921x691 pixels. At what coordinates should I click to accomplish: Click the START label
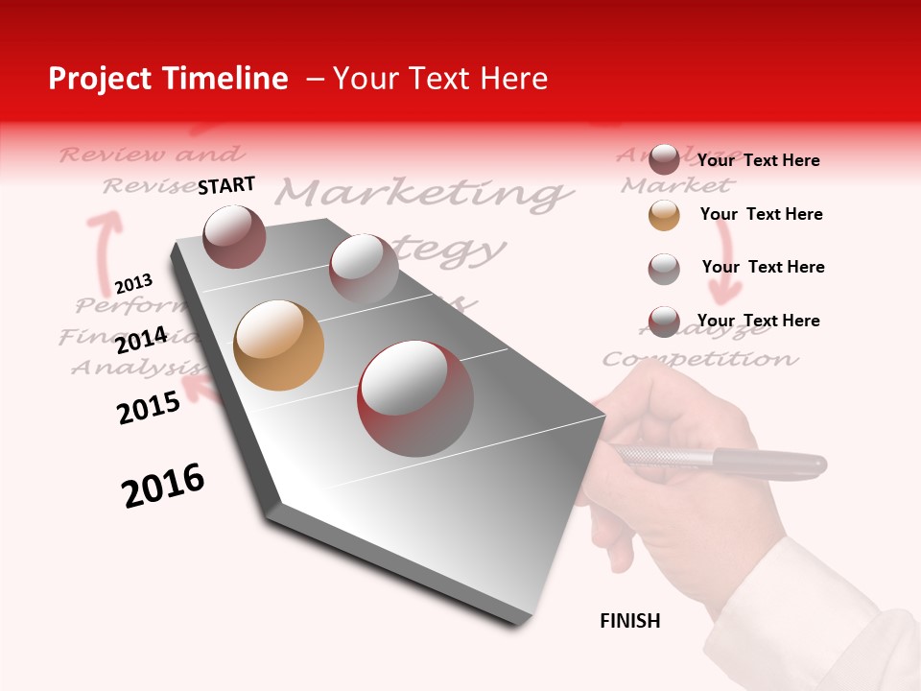[x=226, y=185]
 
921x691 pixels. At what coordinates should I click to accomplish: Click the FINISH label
[x=629, y=621]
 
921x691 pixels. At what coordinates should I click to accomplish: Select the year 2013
[x=133, y=284]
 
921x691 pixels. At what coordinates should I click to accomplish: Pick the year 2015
[x=149, y=407]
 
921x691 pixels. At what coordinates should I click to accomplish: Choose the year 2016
[x=163, y=486]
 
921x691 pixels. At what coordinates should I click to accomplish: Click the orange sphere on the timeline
[x=278, y=345]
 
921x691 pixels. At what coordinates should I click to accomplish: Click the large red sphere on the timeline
[x=415, y=398]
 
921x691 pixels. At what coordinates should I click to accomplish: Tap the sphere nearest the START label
[x=234, y=236]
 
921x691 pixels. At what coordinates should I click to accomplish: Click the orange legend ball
[x=664, y=215]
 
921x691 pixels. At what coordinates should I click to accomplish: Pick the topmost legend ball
[x=664, y=159]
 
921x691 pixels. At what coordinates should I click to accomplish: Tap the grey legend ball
[x=664, y=269]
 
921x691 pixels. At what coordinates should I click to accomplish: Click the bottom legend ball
[x=664, y=322]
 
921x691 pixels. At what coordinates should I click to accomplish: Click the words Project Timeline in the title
[x=168, y=79]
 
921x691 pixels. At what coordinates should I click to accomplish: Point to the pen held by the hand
[x=720, y=461]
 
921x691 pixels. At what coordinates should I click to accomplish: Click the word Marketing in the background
[x=419, y=193]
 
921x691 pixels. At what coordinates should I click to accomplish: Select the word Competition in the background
[x=699, y=360]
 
